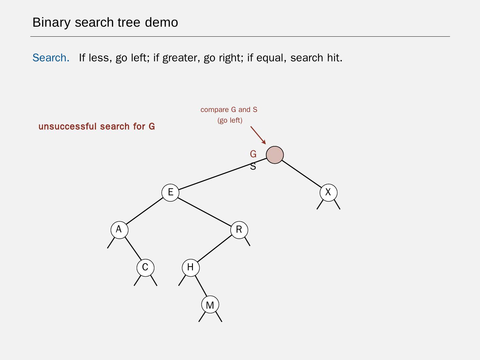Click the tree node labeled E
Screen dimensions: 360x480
(x=170, y=192)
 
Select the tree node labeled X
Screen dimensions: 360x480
(x=328, y=192)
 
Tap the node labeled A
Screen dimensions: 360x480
(x=119, y=230)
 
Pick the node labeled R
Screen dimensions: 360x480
(x=239, y=230)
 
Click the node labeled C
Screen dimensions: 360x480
(x=145, y=267)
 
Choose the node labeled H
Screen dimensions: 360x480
(x=191, y=267)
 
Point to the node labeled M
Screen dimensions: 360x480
(x=210, y=305)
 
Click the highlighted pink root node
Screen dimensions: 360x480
(x=275, y=155)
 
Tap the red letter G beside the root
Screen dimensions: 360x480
(x=253, y=154)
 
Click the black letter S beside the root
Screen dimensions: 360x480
(x=253, y=166)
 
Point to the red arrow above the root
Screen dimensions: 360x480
(x=258, y=135)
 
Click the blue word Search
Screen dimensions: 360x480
(x=51, y=58)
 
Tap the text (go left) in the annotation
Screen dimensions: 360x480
(x=230, y=120)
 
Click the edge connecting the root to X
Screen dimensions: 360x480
(x=302, y=174)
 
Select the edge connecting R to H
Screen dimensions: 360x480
(x=215, y=249)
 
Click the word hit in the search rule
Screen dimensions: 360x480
(x=334, y=58)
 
